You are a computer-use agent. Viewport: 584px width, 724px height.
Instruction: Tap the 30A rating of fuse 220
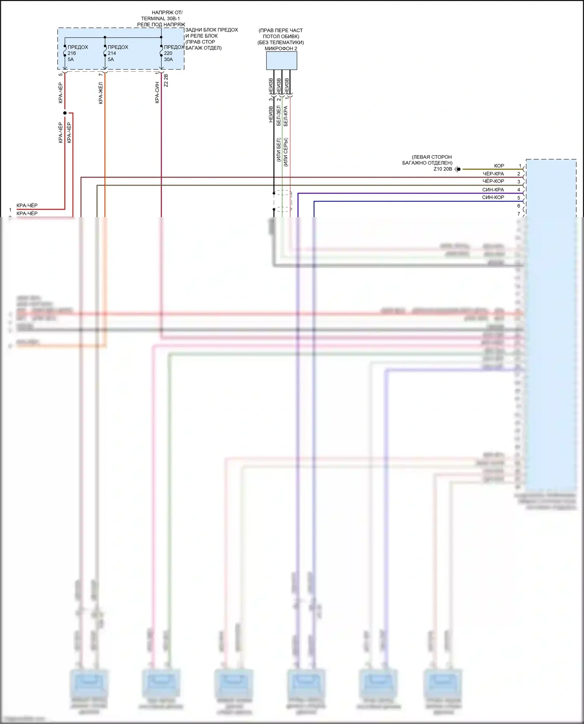coord(168,60)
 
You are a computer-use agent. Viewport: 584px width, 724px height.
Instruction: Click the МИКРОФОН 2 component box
coord(281,61)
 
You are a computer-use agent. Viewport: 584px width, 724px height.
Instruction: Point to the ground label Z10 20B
coord(443,169)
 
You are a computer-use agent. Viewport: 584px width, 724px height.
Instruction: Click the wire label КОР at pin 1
coord(499,166)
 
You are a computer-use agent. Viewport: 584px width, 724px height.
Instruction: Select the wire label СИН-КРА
coord(493,190)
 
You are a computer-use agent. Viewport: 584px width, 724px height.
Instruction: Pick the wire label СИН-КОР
coord(493,198)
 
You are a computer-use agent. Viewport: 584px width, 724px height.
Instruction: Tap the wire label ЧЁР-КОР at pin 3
coord(493,181)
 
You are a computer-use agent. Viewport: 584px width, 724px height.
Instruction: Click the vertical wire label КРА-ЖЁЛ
coord(101,93)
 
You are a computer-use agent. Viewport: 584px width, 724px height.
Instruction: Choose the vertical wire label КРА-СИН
coord(157,93)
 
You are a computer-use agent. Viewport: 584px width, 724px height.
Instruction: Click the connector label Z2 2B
coord(166,81)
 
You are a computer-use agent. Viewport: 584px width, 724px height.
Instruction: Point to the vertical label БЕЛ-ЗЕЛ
coord(279,116)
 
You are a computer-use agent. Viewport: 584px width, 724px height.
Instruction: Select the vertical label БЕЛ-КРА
coord(286,116)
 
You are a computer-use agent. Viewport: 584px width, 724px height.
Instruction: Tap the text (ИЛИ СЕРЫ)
coord(286,152)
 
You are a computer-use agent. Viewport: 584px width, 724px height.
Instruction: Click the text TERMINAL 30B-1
coord(160,19)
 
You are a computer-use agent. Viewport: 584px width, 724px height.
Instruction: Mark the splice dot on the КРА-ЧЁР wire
coord(65,113)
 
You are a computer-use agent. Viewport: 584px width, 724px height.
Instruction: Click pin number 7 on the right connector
coord(519,214)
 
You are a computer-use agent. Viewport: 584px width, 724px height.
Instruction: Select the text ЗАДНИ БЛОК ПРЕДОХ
coord(211,30)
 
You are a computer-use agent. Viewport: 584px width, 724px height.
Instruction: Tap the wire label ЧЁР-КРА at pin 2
coord(493,174)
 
